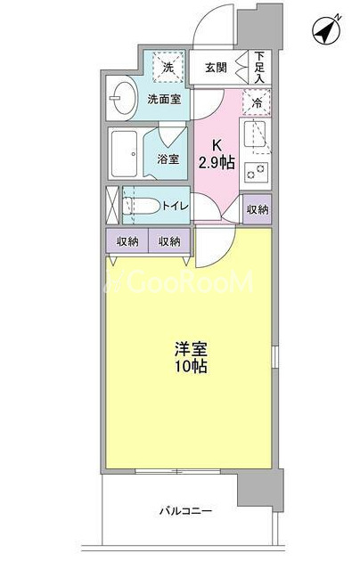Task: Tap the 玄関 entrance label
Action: pos(216,68)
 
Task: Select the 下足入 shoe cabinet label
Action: pos(259,68)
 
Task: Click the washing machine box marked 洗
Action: pos(168,68)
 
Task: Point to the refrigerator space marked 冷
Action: pos(257,102)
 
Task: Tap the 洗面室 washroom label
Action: pos(164,99)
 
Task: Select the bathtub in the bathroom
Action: pos(124,154)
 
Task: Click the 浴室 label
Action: pos(168,159)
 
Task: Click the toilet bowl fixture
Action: pos(140,206)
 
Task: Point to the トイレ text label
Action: pos(175,206)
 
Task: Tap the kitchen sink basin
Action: pos(255,134)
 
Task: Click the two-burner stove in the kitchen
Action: pos(257,172)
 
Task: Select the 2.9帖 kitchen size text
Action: pos(217,163)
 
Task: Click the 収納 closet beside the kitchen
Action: pos(258,209)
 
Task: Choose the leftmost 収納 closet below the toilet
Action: pos(127,241)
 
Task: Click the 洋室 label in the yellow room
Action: pos(191,349)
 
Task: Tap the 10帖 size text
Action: pos(191,366)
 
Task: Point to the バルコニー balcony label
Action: pos(185,510)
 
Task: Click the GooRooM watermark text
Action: pos(179,281)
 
